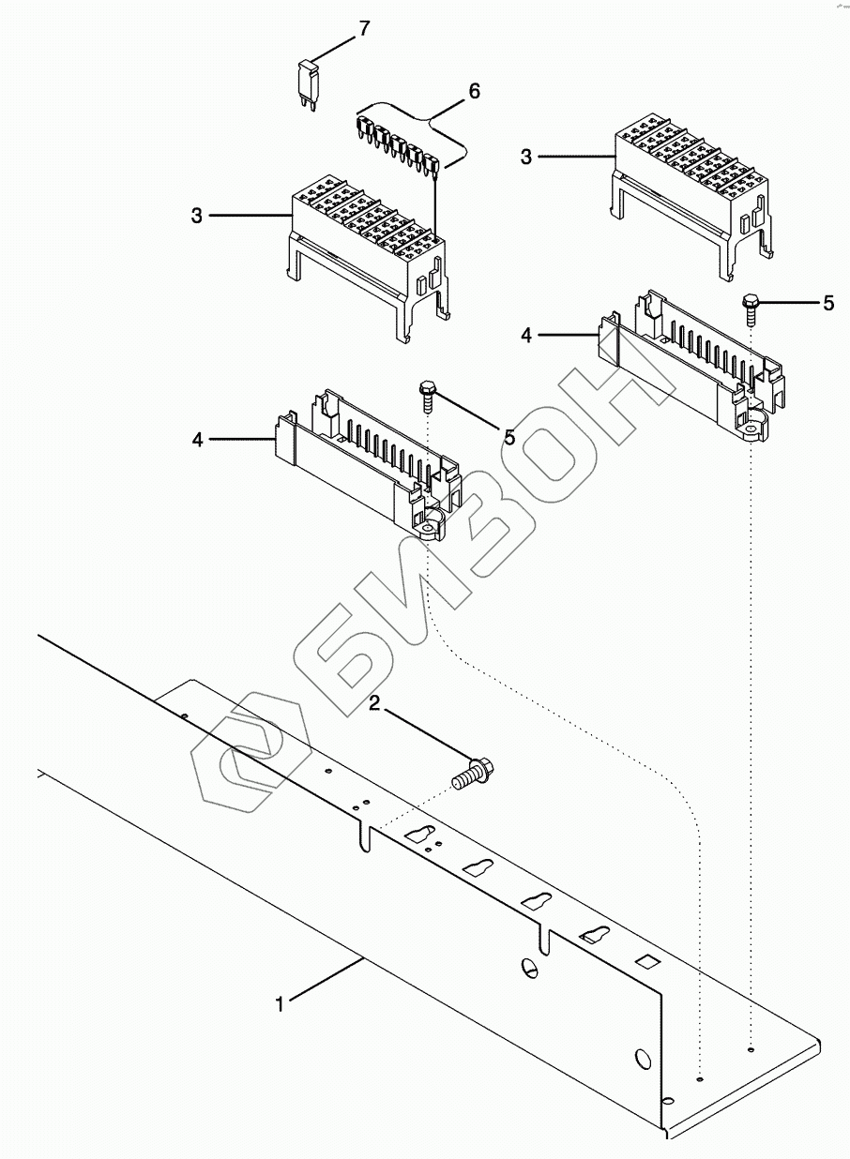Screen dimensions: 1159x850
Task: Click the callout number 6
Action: (x=474, y=91)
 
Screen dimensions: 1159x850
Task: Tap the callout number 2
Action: (x=374, y=703)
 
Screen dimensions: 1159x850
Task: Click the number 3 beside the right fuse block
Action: (x=526, y=157)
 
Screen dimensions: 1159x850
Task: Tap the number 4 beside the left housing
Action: (x=197, y=438)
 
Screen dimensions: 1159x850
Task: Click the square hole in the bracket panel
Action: (x=645, y=961)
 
